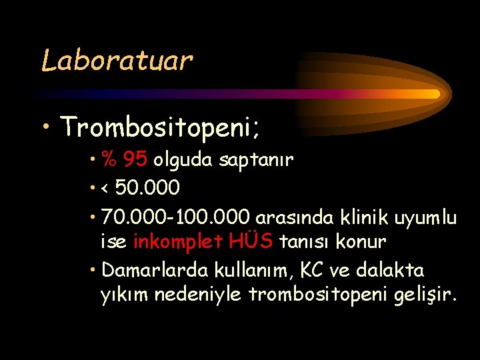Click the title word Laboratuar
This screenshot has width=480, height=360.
pyautogui.click(x=117, y=61)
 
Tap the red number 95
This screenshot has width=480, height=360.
pyautogui.click(x=135, y=160)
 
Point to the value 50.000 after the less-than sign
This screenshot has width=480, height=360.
pyautogui.click(x=147, y=189)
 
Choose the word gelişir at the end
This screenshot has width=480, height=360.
pyautogui.click(x=426, y=295)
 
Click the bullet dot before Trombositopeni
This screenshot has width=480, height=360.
pyautogui.click(x=47, y=126)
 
